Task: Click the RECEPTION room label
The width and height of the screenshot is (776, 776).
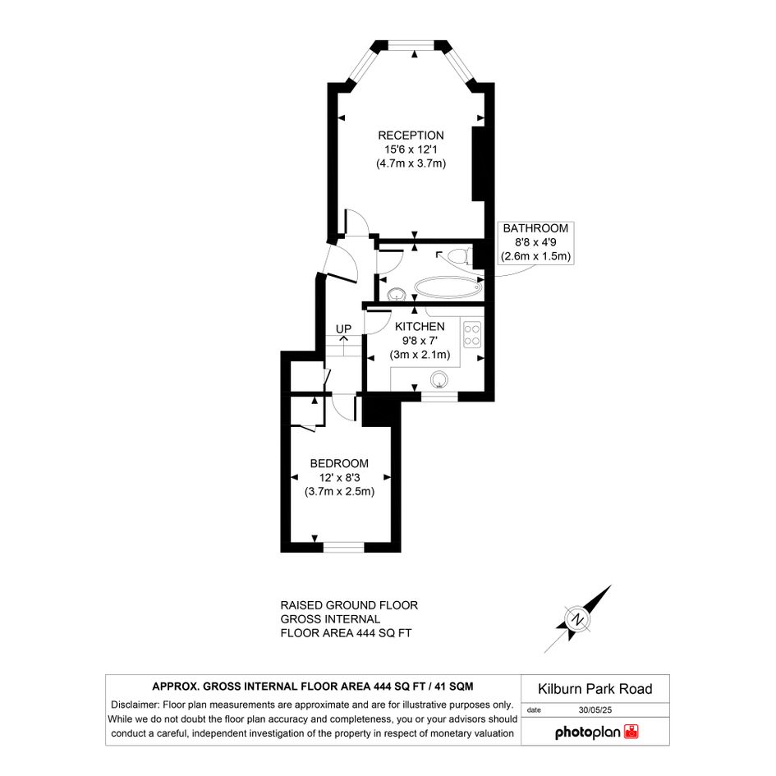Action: click(x=411, y=135)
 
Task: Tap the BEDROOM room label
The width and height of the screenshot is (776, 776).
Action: click(x=339, y=464)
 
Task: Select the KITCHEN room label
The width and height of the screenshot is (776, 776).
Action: click(x=420, y=327)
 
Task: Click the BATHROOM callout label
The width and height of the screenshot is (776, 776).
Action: click(x=535, y=228)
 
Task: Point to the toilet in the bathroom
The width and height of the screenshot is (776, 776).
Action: click(x=457, y=256)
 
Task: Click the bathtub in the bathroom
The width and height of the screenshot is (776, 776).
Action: click(x=448, y=287)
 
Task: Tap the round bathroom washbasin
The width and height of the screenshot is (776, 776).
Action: click(x=397, y=295)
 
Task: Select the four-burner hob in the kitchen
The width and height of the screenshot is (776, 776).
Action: click(x=471, y=334)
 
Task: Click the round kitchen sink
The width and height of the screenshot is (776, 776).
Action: click(x=439, y=380)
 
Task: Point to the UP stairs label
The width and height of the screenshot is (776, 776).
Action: click(x=343, y=329)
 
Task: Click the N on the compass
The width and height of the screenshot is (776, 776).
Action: click(x=577, y=619)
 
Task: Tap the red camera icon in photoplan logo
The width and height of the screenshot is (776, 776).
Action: click(x=631, y=732)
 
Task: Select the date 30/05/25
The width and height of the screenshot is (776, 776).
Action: click(x=595, y=709)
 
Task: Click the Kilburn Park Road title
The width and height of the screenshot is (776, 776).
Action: click(x=595, y=689)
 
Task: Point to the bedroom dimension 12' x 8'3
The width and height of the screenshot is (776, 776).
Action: click(x=339, y=478)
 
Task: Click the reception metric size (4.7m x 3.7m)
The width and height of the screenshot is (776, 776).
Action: click(x=411, y=163)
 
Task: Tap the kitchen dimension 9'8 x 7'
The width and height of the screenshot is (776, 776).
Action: click(x=420, y=341)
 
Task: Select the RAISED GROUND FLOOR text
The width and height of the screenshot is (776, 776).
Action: click(x=349, y=605)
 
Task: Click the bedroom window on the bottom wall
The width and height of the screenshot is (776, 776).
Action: click(x=343, y=547)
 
